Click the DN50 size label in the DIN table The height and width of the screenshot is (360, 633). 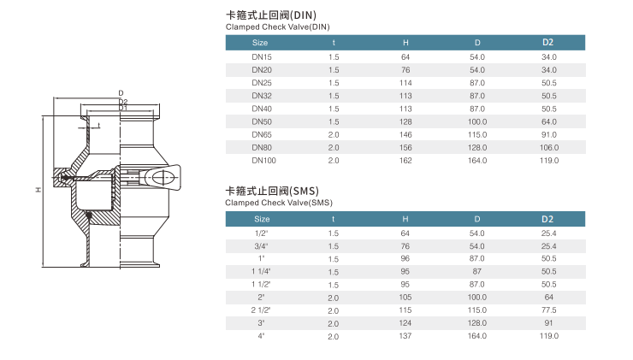262,122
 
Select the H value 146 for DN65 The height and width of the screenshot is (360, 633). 405,135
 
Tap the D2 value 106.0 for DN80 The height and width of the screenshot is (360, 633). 549,148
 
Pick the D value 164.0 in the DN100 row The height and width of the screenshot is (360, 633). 477,161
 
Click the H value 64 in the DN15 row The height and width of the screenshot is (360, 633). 405,57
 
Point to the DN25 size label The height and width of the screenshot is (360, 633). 262,83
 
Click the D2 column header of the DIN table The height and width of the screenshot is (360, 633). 547,43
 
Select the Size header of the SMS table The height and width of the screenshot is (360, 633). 262,219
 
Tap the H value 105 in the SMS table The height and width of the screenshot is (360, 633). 405,298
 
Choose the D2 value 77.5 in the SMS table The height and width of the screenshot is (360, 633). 549,310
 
